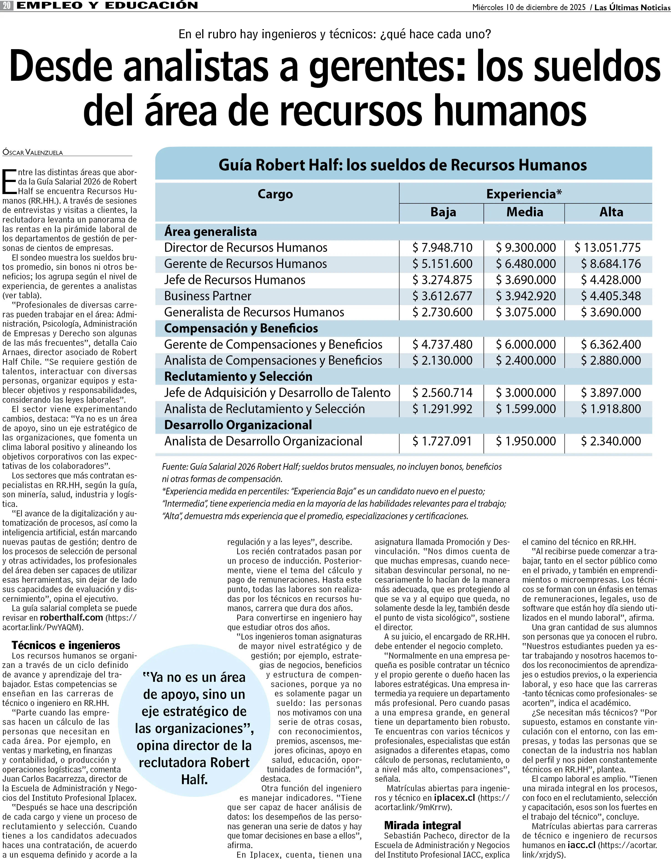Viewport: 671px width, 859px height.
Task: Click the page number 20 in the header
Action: coord(7,5)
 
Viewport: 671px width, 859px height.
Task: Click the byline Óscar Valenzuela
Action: coord(33,153)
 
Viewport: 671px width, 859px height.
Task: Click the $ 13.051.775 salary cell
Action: coord(608,248)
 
